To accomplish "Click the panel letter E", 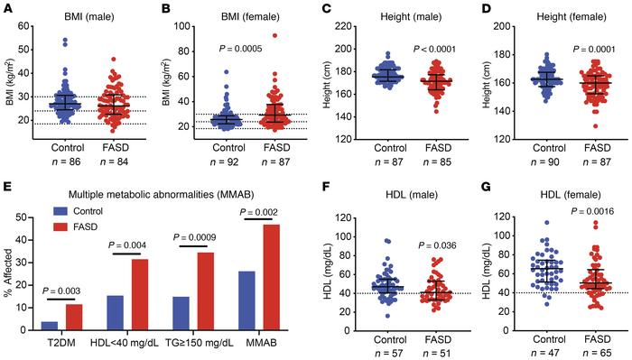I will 6,186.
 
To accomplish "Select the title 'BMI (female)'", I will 244,10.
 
